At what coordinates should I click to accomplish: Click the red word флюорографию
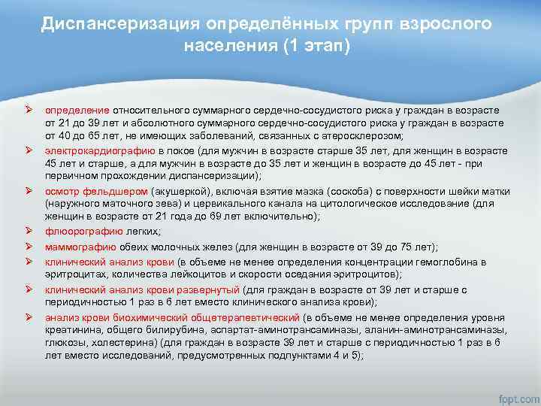(79, 232)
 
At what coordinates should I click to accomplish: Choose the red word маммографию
(80, 247)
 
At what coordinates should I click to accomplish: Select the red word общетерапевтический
(240, 316)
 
